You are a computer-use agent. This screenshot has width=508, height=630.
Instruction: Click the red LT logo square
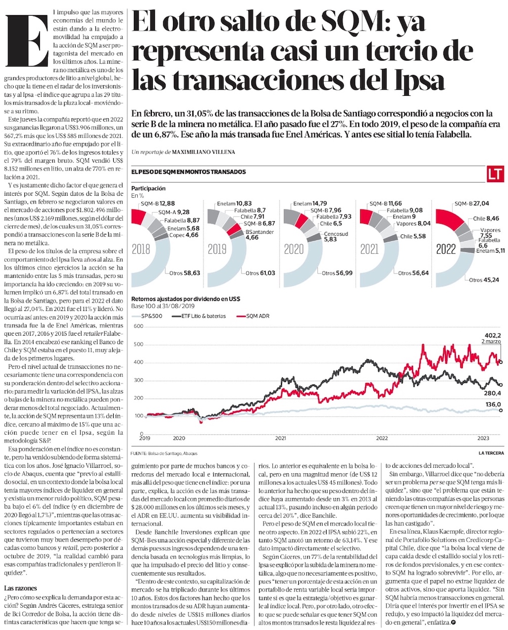tap(495, 173)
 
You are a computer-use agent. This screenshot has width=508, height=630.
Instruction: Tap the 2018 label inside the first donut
tap(141, 249)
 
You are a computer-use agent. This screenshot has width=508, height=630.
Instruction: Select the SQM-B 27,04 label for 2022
tap(471, 203)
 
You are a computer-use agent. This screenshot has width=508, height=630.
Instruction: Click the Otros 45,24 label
tap(484, 279)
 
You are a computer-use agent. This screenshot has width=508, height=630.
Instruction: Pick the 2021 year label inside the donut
tap(369, 249)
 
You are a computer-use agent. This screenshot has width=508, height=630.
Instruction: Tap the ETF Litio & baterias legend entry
tap(202, 316)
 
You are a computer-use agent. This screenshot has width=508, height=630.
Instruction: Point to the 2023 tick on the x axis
tap(483, 437)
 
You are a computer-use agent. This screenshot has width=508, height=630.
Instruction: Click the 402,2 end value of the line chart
tap(493, 335)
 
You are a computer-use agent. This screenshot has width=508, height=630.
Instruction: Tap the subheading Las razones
tap(20, 588)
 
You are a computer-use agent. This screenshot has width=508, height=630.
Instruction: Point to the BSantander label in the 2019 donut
tap(260, 232)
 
